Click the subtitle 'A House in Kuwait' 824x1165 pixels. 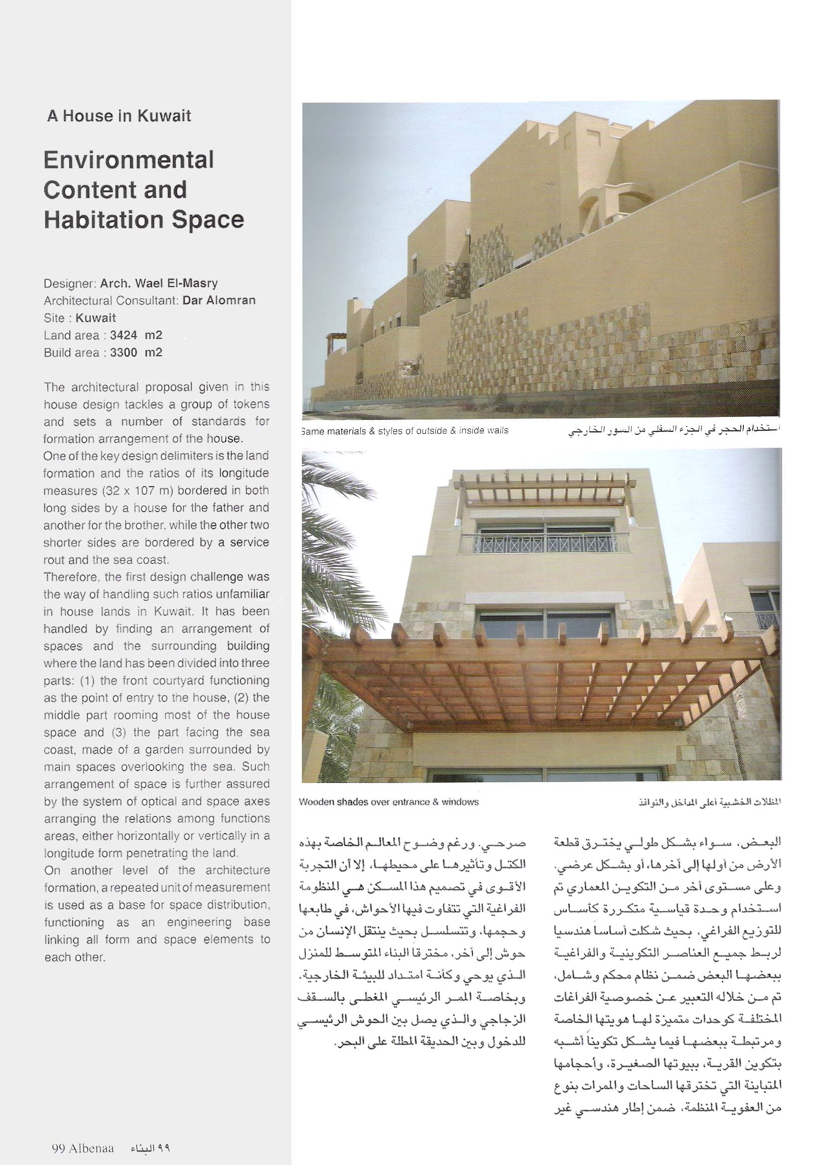click(119, 116)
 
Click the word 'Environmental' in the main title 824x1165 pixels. click(129, 160)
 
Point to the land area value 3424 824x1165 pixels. click(124, 335)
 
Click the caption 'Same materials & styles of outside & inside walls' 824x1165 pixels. click(405, 431)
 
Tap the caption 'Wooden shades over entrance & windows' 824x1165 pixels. click(389, 802)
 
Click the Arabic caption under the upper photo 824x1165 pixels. click(672, 431)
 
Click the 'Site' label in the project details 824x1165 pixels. click(54, 318)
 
